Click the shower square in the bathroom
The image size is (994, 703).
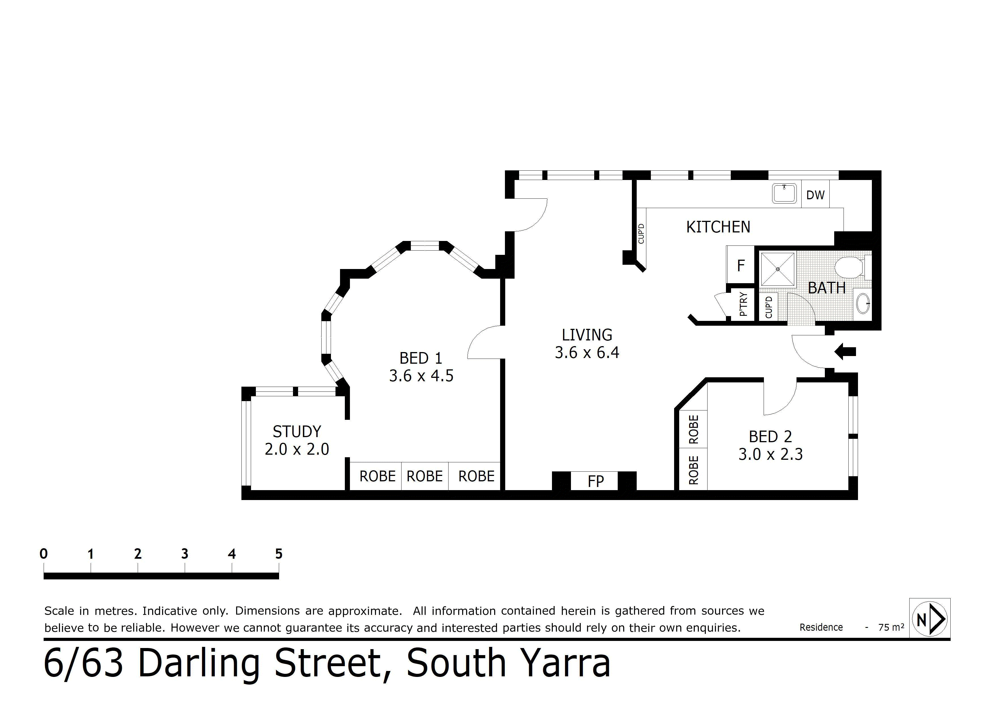point(778,269)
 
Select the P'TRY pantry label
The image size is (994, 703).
point(743,304)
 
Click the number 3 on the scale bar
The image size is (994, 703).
point(185,554)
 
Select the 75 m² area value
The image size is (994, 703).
point(891,627)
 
